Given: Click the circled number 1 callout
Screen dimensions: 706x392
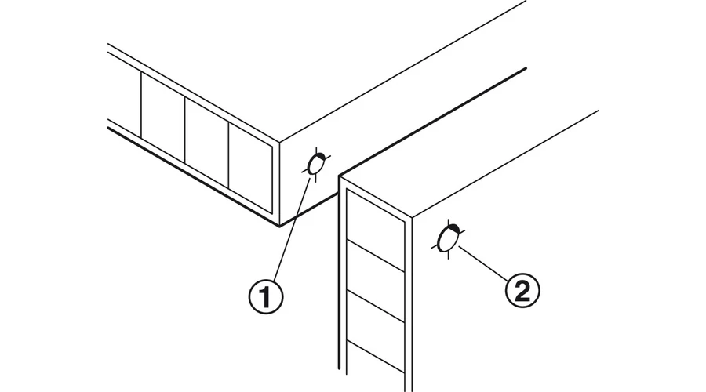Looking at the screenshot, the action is pos(266,296).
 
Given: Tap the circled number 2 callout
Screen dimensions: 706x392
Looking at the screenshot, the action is pos(522,291).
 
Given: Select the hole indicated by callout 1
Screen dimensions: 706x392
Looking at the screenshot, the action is pos(316,165).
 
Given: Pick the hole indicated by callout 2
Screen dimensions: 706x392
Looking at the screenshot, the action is pos(448,239).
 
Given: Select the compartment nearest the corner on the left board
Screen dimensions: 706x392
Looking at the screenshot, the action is pos(250,167).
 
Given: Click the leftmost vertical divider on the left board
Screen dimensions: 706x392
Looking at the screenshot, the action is pos(141,105).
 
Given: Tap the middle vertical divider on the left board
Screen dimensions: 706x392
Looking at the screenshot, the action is pos(185,130).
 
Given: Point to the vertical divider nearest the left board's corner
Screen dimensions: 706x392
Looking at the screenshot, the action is pos(229,155).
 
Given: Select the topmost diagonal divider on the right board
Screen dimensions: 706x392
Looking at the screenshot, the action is pos(376,256).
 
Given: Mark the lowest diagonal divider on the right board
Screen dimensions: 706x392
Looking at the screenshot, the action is pos(376,357).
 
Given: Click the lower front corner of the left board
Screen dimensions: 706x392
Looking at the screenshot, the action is pos(279,226).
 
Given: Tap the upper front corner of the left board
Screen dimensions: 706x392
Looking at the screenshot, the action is pos(279,142).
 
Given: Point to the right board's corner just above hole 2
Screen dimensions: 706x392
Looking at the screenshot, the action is pos(412,219).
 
